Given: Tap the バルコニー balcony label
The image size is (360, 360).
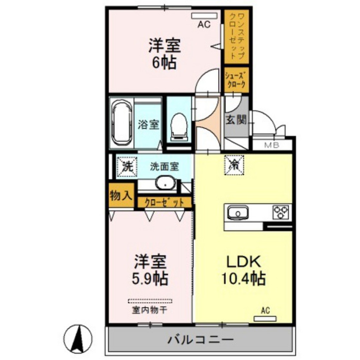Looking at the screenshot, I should pyautogui.click(x=200, y=340).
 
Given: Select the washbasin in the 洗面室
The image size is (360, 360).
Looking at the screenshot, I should pyautogui.click(x=165, y=183).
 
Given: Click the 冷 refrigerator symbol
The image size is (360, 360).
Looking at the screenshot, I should pyautogui.click(x=234, y=164).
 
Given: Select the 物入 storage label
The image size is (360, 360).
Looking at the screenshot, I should pyautogui.click(x=121, y=196).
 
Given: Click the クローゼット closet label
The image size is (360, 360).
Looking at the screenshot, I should pyautogui.click(x=165, y=202).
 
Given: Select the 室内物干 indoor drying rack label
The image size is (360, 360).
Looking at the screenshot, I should pyautogui.click(x=150, y=310).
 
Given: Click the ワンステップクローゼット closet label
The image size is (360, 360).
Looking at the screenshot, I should pyautogui.click(x=236, y=35).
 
